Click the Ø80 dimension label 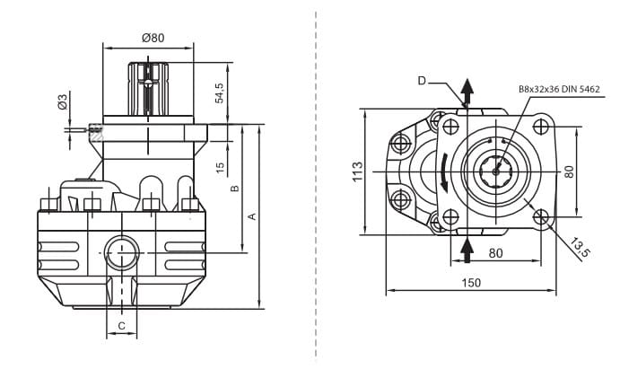point(153,38)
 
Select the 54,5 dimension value point(220,92)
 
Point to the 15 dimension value point(220,168)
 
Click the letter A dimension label point(252,215)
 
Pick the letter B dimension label point(235,189)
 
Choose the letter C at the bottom point(121,326)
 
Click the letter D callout point(422,81)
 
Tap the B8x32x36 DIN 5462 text point(559,89)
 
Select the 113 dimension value point(357,171)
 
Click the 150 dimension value point(471,283)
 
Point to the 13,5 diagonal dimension point(581,249)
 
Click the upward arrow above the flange point(467,91)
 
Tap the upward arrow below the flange point(467,247)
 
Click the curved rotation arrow point(446,171)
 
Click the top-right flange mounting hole point(540,127)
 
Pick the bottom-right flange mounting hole point(540,216)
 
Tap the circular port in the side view point(121,250)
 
